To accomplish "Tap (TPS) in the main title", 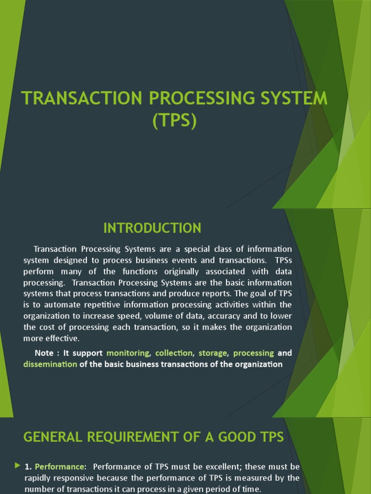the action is pyautogui.click(x=174, y=121).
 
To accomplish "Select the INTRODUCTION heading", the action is pyautogui.click(x=152, y=228).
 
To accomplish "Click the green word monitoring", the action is pyautogui.click(x=128, y=353).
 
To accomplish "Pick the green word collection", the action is pyautogui.click(x=174, y=353).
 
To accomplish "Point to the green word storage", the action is pyautogui.click(x=213, y=353).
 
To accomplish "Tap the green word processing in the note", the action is pyautogui.click(x=254, y=353).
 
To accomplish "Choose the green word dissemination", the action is pyautogui.click(x=50, y=364).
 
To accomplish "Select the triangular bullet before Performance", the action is pyautogui.click(x=18, y=466).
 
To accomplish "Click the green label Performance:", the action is pyautogui.click(x=60, y=467).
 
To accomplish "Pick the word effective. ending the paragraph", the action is pyautogui.click(x=62, y=338).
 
